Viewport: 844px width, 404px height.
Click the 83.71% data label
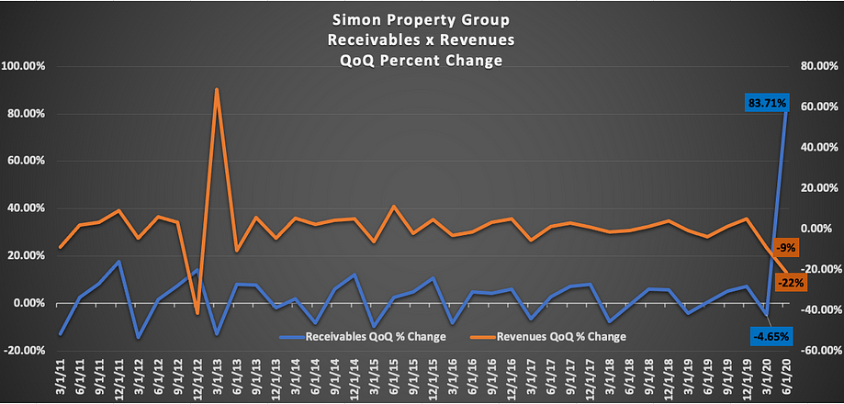tap(764, 103)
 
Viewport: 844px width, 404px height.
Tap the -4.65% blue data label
tap(771, 337)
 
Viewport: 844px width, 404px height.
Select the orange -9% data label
tap(785, 248)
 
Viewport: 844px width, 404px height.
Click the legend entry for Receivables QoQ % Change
tap(362, 337)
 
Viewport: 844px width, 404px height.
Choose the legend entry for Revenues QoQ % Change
tap(548, 337)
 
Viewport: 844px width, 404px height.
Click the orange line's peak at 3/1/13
tap(217, 89)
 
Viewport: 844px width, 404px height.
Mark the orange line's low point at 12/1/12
tap(197, 314)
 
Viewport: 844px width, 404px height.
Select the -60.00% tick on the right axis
tap(818, 351)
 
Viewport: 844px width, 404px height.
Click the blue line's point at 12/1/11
tap(118, 262)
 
